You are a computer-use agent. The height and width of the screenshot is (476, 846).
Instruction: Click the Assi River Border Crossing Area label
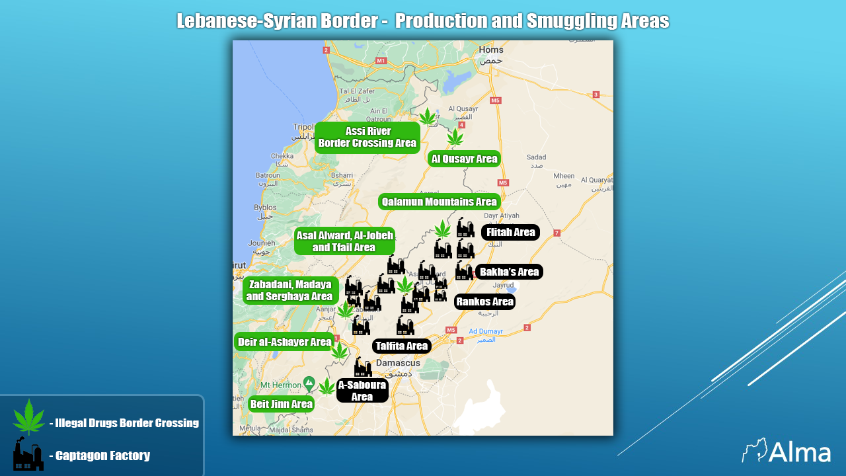click(367, 138)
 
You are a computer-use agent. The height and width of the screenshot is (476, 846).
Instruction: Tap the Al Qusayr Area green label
click(464, 159)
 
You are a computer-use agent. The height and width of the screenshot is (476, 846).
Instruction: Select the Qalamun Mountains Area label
click(439, 202)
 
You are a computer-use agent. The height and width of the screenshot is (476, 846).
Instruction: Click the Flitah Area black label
click(510, 233)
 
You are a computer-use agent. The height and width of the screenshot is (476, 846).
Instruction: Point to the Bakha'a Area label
click(509, 272)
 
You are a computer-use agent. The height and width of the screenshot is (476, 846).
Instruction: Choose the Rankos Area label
click(484, 302)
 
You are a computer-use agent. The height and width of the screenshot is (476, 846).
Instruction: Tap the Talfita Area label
click(402, 346)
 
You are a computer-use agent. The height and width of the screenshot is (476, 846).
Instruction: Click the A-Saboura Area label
click(362, 391)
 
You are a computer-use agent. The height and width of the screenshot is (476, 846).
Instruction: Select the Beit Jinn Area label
click(281, 404)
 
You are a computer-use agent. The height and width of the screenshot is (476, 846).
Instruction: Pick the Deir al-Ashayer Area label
click(284, 342)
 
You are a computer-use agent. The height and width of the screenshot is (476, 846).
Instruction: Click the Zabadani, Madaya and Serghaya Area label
click(290, 290)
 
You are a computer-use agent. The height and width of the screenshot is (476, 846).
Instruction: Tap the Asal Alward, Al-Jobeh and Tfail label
click(344, 241)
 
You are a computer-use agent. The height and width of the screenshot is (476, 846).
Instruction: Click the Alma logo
click(786, 452)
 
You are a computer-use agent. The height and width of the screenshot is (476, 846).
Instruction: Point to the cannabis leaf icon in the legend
click(28, 417)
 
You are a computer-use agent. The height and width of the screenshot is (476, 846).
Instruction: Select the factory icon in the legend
click(28, 454)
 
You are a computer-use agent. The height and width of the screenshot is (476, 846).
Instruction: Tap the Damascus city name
click(397, 363)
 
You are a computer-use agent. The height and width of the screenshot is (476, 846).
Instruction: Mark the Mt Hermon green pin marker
click(309, 382)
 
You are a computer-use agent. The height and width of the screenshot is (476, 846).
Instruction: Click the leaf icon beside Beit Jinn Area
click(327, 387)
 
